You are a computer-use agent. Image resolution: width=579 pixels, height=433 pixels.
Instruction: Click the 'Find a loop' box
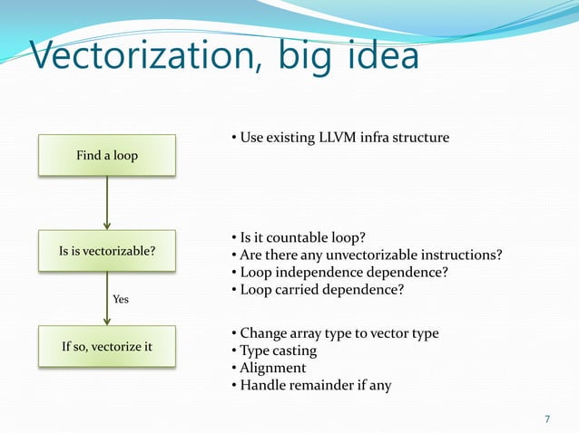tap(107, 156)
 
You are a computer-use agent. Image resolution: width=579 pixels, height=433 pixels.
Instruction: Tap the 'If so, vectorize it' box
tap(107, 347)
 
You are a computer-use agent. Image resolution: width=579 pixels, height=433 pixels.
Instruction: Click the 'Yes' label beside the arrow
tap(120, 298)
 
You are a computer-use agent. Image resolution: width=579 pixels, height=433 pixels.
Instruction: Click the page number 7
tap(546, 419)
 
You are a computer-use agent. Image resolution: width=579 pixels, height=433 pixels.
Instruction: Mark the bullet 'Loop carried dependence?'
tap(321, 289)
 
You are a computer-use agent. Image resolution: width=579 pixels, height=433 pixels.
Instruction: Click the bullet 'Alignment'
tap(271, 368)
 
